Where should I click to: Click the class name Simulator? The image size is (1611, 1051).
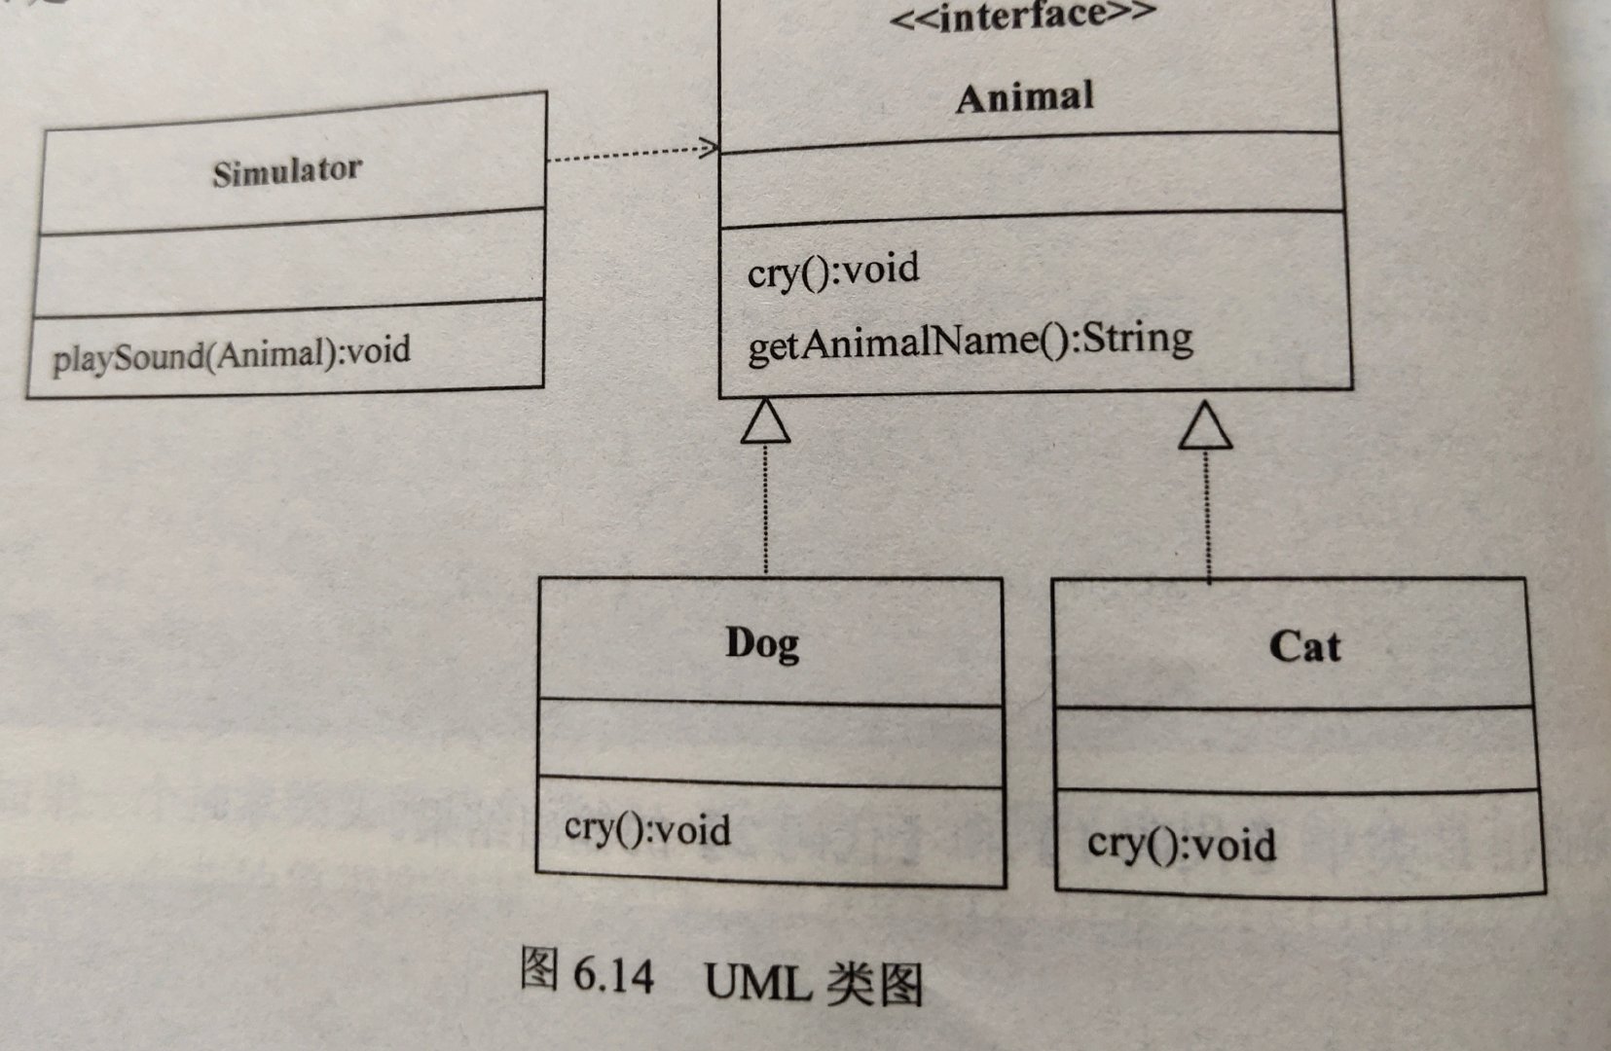[287, 172]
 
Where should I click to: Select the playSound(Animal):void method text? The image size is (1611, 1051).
[232, 352]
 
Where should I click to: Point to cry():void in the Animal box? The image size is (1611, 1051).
[833, 270]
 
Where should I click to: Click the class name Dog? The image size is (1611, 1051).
[762, 644]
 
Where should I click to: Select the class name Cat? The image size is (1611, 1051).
[1304, 647]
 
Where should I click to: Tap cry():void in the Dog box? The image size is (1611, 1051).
[647, 829]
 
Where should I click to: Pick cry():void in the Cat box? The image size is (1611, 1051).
[1181, 844]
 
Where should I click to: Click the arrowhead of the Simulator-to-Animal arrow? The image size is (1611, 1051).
[709, 148]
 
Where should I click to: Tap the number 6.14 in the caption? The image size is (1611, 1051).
[613, 975]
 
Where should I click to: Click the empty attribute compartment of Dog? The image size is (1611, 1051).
[769, 742]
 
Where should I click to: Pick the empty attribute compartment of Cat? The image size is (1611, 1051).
[1298, 749]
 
